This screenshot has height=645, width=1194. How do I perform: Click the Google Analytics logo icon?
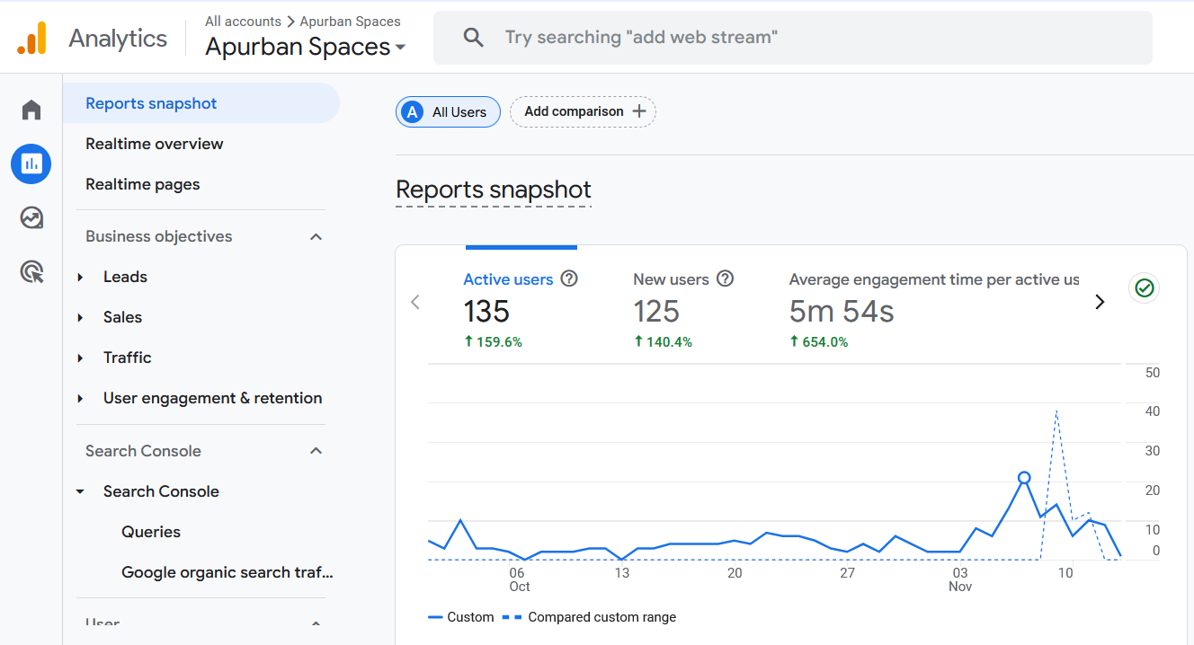pos(31,39)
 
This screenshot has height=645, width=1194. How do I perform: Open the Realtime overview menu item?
pos(154,144)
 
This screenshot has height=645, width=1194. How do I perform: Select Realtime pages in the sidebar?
pos(142,184)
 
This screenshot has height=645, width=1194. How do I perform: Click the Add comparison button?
pos(583,112)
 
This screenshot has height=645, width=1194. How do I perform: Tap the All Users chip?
pos(448,112)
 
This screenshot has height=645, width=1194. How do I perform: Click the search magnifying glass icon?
pos(473,38)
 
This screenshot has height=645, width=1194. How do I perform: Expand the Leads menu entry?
pos(125,277)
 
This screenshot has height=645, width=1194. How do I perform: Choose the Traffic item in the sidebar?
pos(127,358)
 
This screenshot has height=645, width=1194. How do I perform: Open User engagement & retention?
pos(212,398)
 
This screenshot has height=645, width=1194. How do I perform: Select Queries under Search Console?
pos(151,532)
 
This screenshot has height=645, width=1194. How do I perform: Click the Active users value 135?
pos(486,312)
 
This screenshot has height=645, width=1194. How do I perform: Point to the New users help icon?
pos(725,279)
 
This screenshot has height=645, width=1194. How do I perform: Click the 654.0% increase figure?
pos(818,342)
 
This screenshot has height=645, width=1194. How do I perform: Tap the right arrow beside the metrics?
pos(1099,303)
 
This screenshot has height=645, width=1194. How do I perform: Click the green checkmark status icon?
pos(1144,288)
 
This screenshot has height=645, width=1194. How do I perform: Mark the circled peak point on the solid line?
pos(1023,478)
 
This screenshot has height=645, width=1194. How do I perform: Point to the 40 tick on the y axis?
pos(1151,411)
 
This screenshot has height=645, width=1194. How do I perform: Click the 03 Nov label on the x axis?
pos(960,579)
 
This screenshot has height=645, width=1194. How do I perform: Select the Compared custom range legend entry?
pos(601,617)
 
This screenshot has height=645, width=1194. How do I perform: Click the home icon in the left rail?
pos(31,110)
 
